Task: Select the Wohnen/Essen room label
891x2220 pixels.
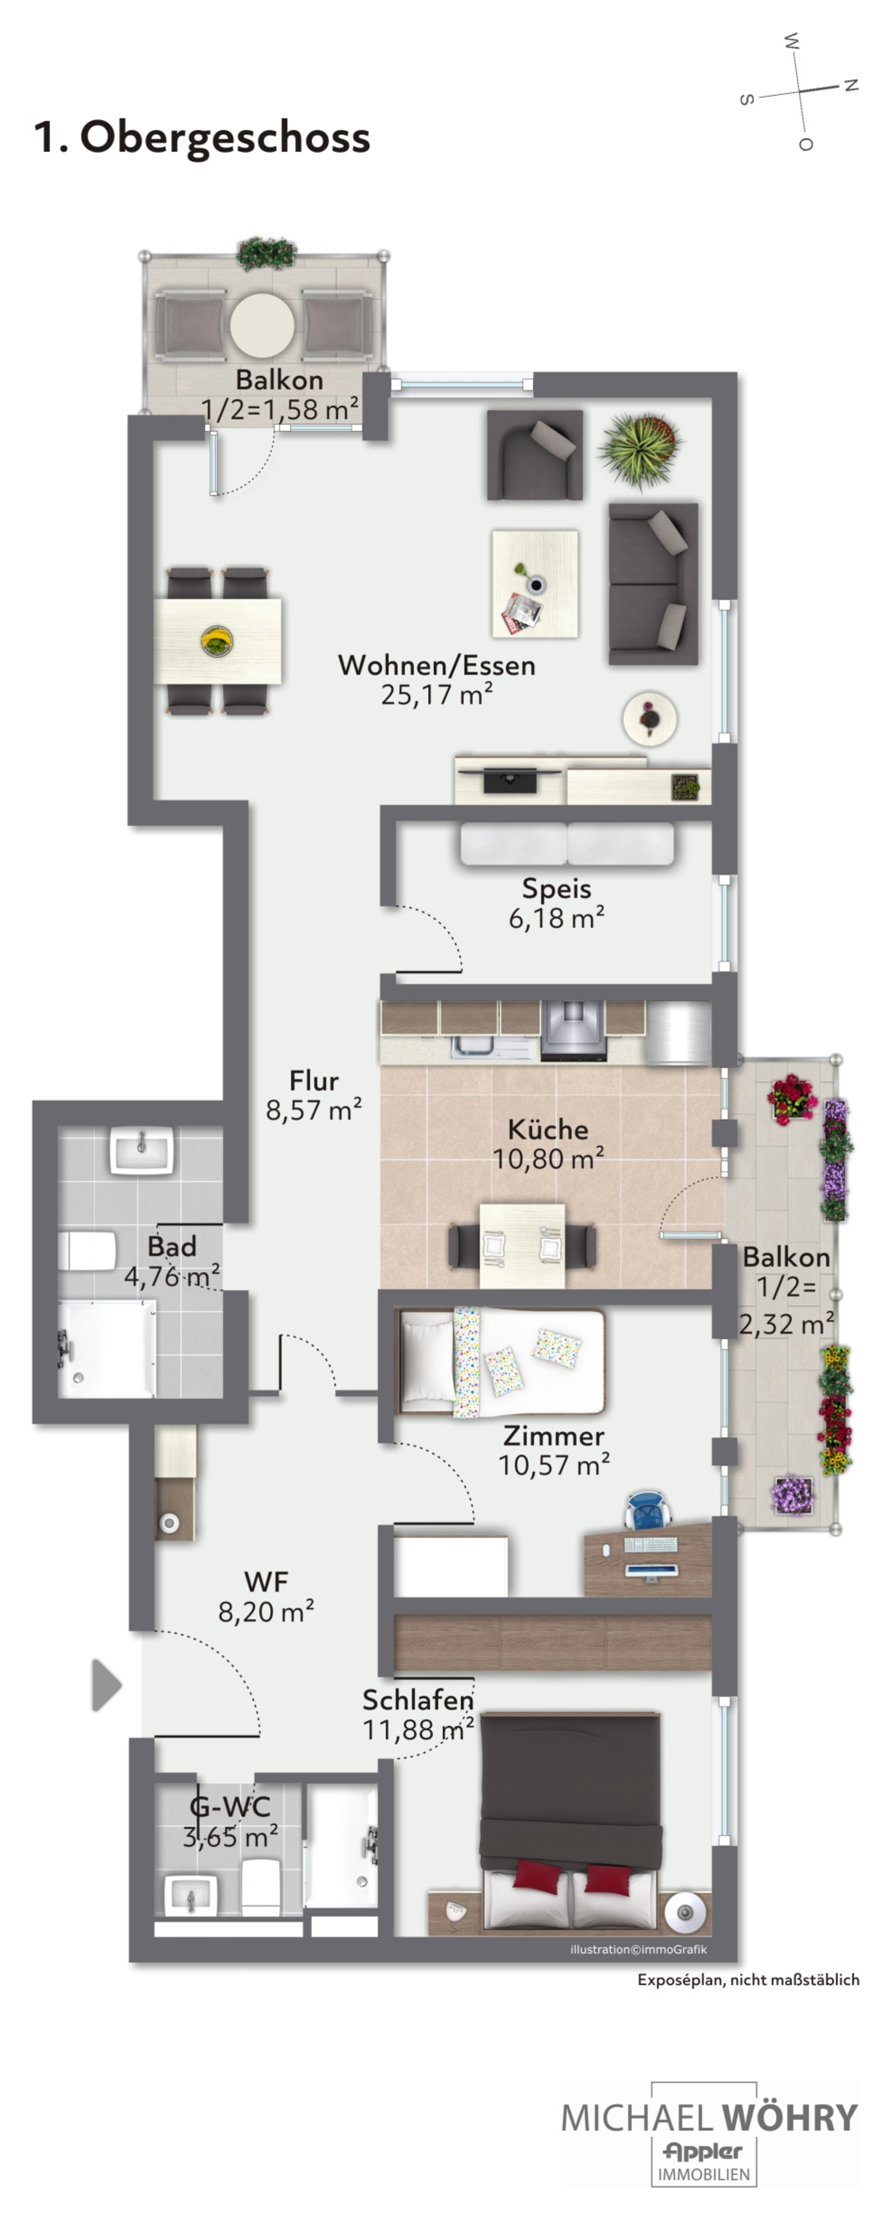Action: click(x=437, y=665)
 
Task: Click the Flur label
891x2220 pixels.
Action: click(x=314, y=1081)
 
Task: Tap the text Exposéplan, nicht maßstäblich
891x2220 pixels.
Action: click(x=748, y=1980)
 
